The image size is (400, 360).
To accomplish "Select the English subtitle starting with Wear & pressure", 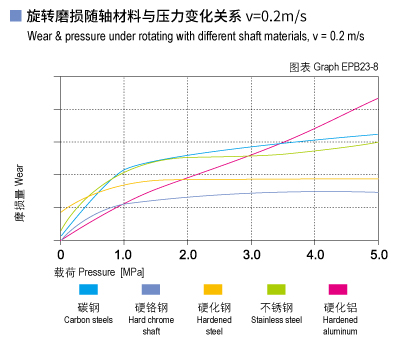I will pos(195,37).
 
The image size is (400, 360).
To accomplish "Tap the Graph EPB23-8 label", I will pos(333,65).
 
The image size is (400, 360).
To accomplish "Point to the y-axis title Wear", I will pos(19,180).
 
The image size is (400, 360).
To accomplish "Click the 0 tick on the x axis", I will pos(60,253).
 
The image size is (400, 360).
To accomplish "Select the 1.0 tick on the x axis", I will pos(123,253).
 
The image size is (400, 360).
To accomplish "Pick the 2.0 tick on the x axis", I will pos(187,253).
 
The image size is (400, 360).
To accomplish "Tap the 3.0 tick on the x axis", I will pos(251,253).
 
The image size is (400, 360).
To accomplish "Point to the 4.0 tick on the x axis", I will pos(315,253).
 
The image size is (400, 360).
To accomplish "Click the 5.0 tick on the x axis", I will pos(378,253).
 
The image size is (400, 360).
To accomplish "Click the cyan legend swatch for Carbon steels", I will pos(89,289).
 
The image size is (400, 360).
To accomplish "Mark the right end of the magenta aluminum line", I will pos(378,98).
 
